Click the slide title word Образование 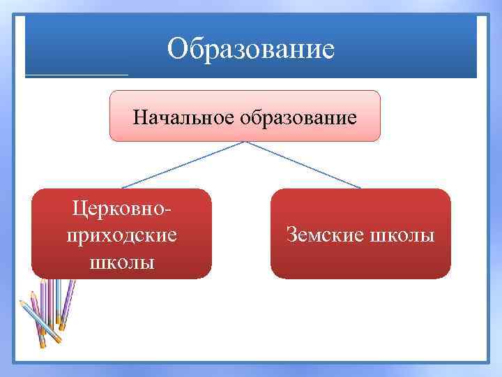pyautogui.click(x=250, y=49)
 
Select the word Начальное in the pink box pyautogui.click(x=184, y=117)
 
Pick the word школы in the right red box pyautogui.click(x=402, y=235)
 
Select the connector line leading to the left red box pyautogui.click(x=183, y=165)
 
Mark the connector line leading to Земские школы pyautogui.click(x=303, y=165)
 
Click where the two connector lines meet pyautogui.click(x=244, y=142)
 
